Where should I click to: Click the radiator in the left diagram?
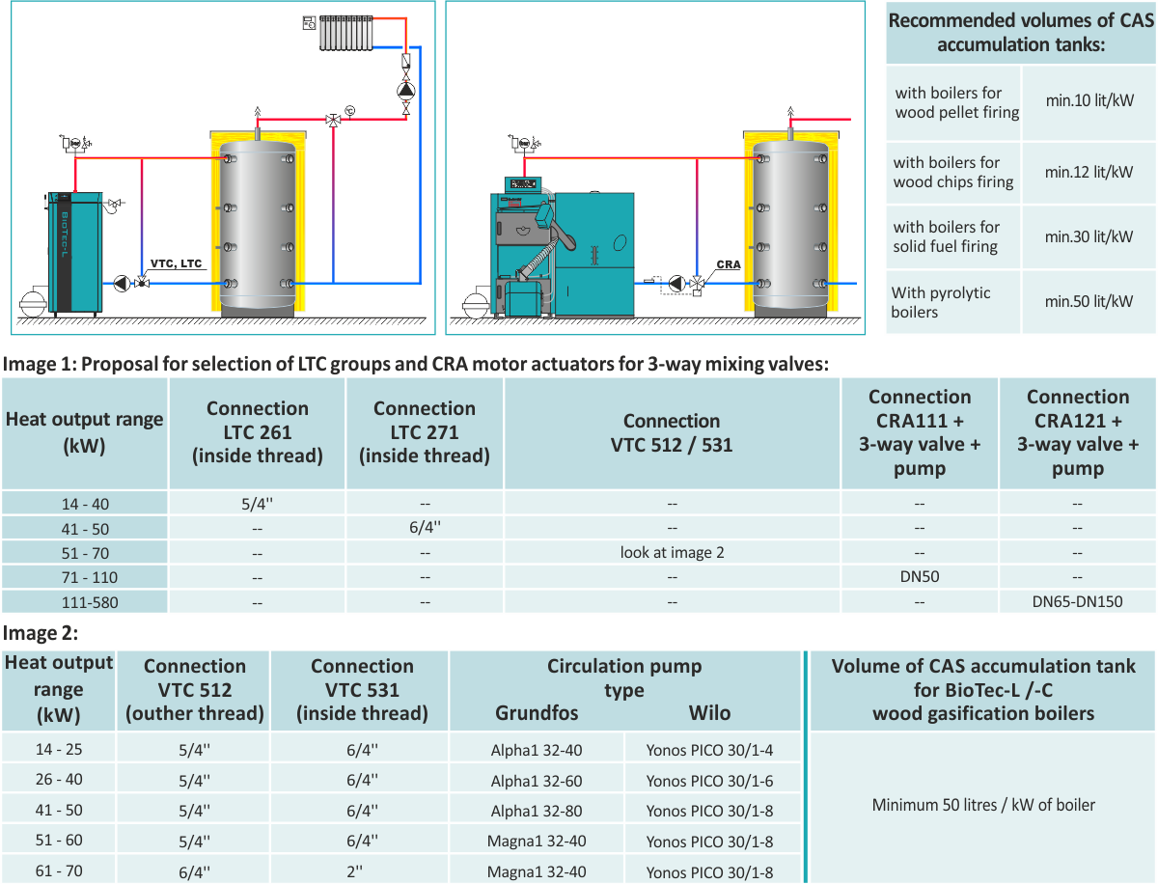click(345, 32)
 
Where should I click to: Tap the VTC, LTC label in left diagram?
click(177, 263)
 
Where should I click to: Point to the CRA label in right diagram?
click(729, 264)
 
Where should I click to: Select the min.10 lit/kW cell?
click(1089, 101)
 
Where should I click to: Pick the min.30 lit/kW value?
click(1089, 236)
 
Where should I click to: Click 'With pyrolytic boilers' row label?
click(941, 302)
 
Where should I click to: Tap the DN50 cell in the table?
click(919, 576)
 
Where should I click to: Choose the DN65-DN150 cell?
click(1077, 601)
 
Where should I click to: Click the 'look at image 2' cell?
click(672, 552)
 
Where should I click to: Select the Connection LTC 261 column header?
click(257, 431)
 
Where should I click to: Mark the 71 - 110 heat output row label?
click(84, 576)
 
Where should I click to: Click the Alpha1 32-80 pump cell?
click(536, 811)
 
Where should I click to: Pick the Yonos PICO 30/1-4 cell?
click(709, 751)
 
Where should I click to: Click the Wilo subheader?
click(709, 713)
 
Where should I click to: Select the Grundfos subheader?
click(537, 713)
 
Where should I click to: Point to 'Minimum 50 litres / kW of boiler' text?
click(983, 804)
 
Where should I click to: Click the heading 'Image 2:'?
click(41, 633)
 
